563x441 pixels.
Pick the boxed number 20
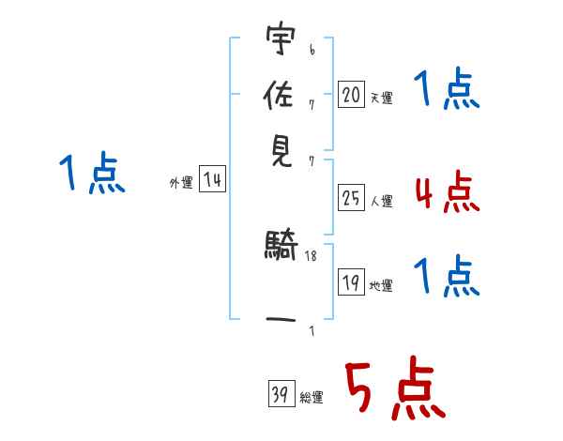coord(351,94)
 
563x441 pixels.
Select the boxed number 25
coord(351,197)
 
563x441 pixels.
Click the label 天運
coord(381,98)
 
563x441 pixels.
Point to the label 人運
coord(381,201)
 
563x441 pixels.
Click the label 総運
coord(312,398)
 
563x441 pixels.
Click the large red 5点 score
coord(393,389)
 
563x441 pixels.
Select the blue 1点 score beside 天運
coord(446,92)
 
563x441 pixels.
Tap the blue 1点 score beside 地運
coord(446,277)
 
